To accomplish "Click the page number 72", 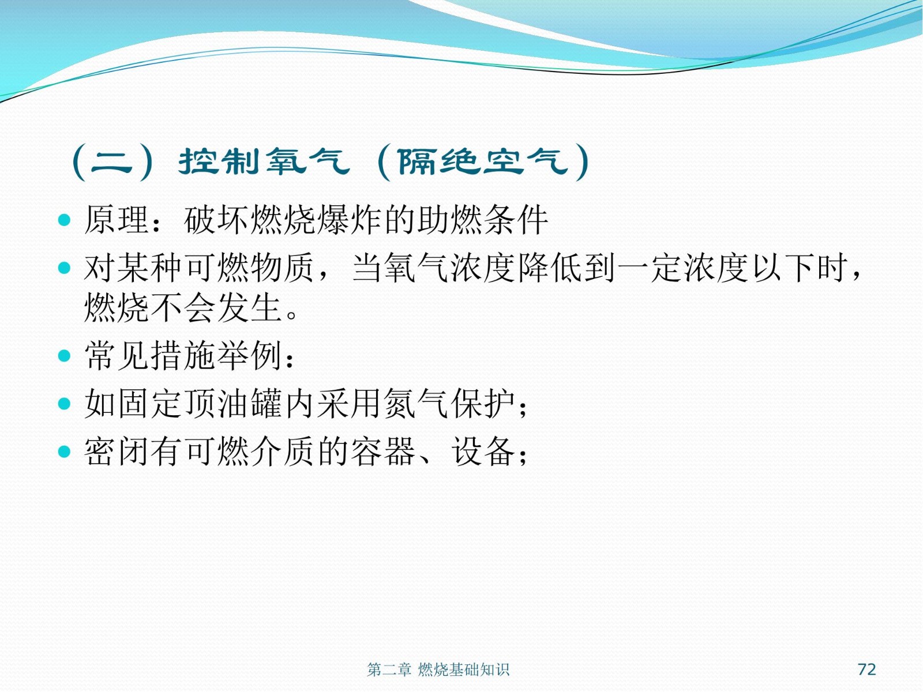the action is (x=866, y=669).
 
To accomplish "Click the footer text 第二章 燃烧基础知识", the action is (x=438, y=670).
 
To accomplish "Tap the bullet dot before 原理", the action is (x=64, y=220).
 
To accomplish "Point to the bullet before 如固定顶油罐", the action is (x=64, y=403).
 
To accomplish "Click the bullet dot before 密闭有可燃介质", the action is (x=64, y=452).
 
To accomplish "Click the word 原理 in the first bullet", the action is (x=117, y=220).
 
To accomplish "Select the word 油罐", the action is (x=250, y=403).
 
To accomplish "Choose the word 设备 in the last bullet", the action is (x=483, y=452).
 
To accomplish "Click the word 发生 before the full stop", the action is (x=250, y=307).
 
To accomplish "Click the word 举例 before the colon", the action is (x=250, y=355).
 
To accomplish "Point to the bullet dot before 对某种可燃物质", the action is (x=64, y=268).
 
